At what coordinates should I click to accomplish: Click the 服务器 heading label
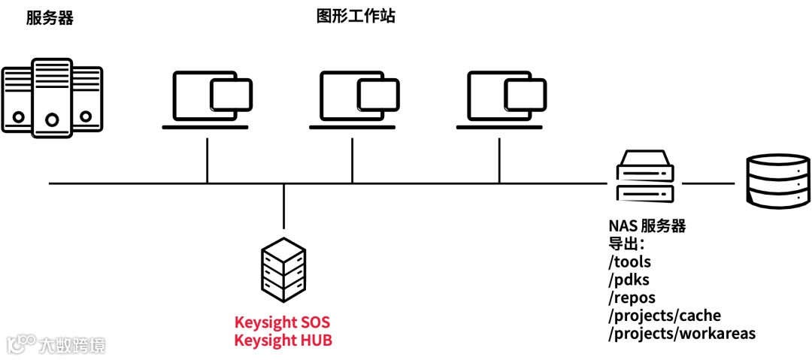tap(50, 19)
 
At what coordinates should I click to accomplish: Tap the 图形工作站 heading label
tap(356, 17)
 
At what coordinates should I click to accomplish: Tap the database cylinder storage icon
tap(777, 181)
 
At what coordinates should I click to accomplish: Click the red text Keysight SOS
tap(282, 322)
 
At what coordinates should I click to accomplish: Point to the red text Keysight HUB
tap(283, 340)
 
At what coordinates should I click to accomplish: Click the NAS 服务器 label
tap(647, 225)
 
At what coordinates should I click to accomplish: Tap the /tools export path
tap(629, 262)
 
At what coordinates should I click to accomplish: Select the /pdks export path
tap(629, 280)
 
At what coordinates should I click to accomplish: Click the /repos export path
tap(632, 298)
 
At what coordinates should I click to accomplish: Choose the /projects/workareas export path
tap(681, 333)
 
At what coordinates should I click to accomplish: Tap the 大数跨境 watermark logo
tap(56, 344)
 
